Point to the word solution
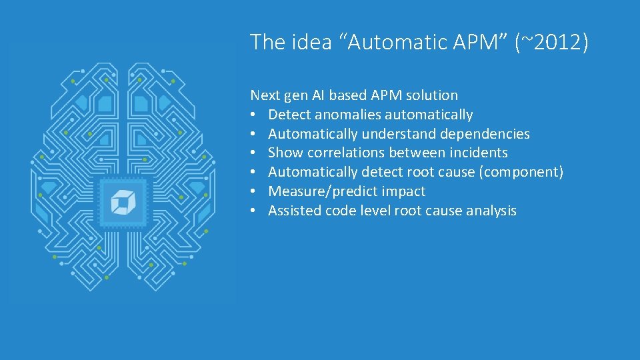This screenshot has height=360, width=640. coord(432,95)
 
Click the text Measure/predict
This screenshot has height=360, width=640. coord(315,191)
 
